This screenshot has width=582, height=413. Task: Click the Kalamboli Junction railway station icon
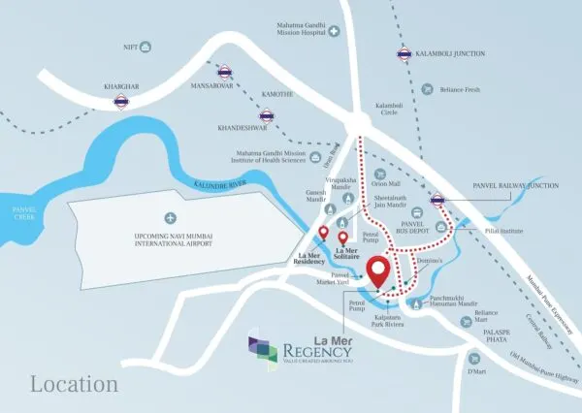pos(403,55)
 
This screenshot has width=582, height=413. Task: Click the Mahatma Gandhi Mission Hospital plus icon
pos(334,32)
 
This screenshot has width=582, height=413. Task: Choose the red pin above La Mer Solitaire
pos(342,239)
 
